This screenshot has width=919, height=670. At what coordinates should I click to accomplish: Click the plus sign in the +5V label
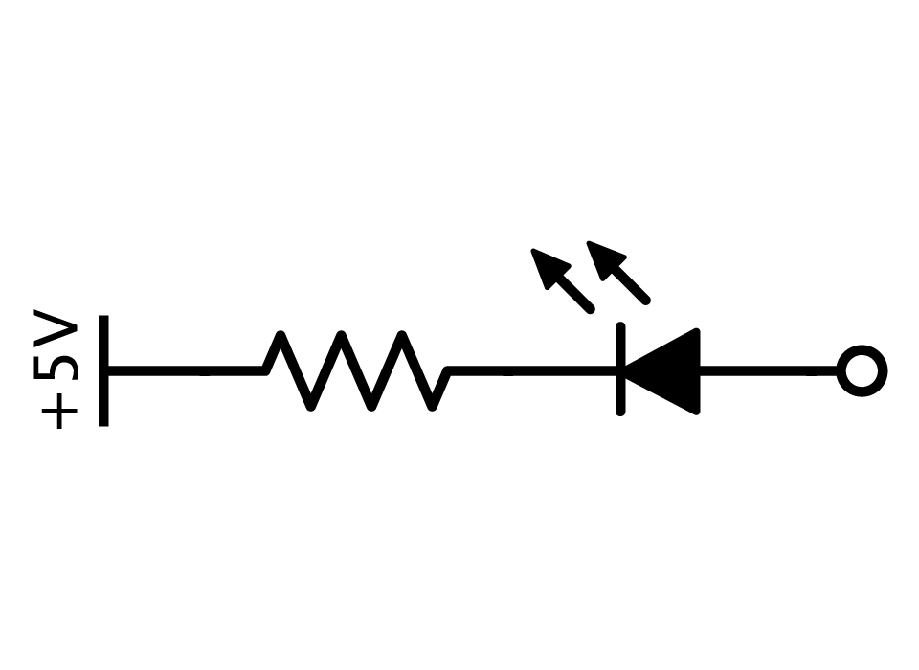(59, 412)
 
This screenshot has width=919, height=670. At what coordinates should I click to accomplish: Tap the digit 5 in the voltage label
(56, 368)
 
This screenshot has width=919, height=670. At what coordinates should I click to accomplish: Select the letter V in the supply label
(56, 328)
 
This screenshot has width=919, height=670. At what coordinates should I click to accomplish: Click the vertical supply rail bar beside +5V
(103, 370)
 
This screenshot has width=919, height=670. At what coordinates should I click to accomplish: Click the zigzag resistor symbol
(356, 370)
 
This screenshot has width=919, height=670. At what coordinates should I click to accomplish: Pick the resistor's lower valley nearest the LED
(432, 406)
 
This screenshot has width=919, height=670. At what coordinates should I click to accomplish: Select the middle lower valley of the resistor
(371, 406)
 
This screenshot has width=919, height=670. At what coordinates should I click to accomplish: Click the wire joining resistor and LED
(532, 370)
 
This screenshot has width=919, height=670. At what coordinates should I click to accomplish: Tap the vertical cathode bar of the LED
(620, 369)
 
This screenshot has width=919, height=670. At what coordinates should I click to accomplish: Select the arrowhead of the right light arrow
(605, 259)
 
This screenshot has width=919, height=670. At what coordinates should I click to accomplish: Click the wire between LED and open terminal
(769, 370)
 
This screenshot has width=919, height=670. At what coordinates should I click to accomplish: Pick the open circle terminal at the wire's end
(862, 371)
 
